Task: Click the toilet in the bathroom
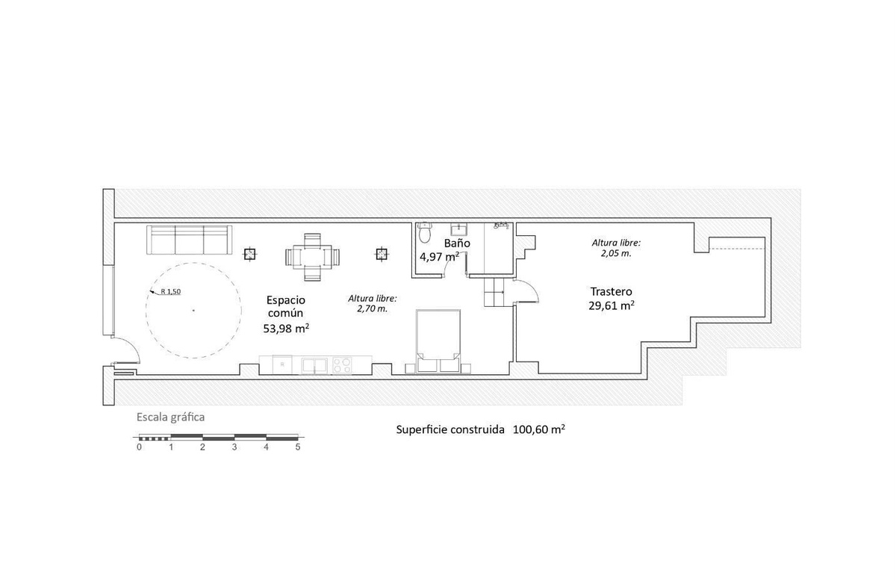(424, 232)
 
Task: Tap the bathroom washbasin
(458, 229)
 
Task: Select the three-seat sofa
(189, 240)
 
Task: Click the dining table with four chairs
(312, 257)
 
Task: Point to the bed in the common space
(438, 341)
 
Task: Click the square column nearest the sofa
(249, 254)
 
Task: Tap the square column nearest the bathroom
(382, 254)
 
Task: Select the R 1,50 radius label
(171, 291)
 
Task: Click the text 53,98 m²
(286, 329)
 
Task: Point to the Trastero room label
(612, 291)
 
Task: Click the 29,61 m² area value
(612, 305)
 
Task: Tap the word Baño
(457, 243)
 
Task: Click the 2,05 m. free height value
(616, 253)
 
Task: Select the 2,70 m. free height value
(373, 309)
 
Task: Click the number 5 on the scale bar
(298, 447)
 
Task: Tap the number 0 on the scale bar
(139, 447)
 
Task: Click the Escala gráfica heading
(171, 417)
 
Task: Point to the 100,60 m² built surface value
(539, 429)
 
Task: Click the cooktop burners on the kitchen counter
(342, 364)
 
